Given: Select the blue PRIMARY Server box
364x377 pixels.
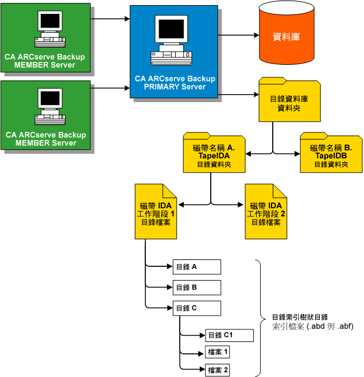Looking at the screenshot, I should (x=174, y=52).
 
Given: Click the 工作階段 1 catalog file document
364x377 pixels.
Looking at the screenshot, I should (x=157, y=212).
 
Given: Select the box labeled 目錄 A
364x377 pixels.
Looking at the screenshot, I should (x=196, y=267).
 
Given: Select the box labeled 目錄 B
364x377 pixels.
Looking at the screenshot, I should (x=196, y=287).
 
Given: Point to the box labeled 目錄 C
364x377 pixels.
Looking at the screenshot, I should (x=196, y=308).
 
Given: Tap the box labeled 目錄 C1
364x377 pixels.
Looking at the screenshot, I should (x=221, y=335).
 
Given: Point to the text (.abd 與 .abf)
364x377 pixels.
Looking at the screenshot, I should (x=330, y=326).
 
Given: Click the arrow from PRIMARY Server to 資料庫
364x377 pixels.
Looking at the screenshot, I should (x=238, y=36).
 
